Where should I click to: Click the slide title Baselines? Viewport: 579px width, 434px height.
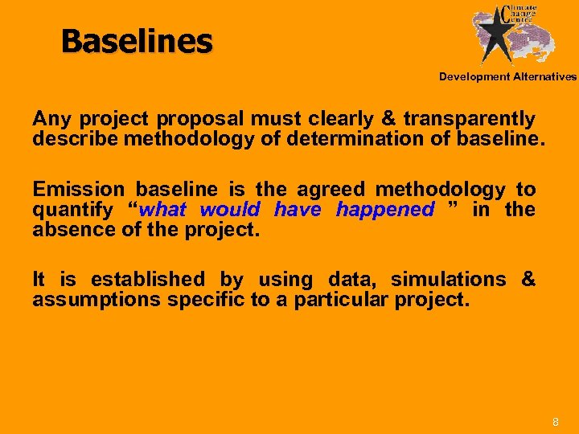tap(137, 41)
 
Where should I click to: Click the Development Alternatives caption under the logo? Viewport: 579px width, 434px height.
tap(507, 77)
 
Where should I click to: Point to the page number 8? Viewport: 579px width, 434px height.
tap(554, 422)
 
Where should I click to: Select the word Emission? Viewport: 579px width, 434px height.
tap(78, 190)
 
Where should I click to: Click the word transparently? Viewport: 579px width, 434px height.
tap(469, 120)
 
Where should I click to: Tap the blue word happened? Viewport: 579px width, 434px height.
tap(384, 210)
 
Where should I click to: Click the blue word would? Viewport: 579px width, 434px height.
tap(232, 210)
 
